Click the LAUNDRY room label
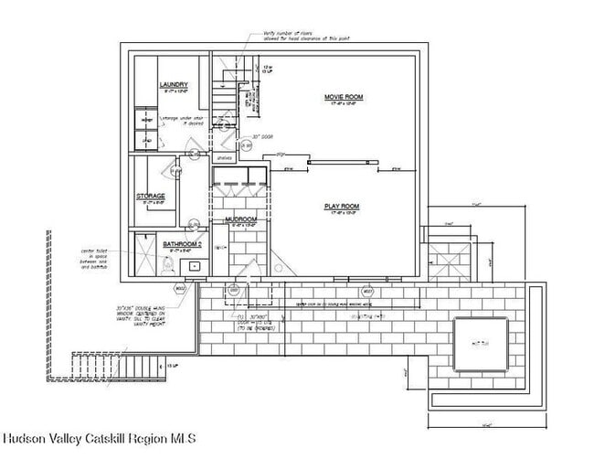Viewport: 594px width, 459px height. tap(173, 84)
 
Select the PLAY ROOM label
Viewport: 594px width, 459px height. tap(342, 207)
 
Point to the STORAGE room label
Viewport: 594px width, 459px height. tap(151, 196)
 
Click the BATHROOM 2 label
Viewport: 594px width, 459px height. tap(182, 244)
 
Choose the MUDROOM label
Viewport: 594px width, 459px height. tap(240, 220)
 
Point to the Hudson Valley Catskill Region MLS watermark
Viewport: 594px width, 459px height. tap(98, 437)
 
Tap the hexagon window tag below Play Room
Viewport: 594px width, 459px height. tap(368, 292)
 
